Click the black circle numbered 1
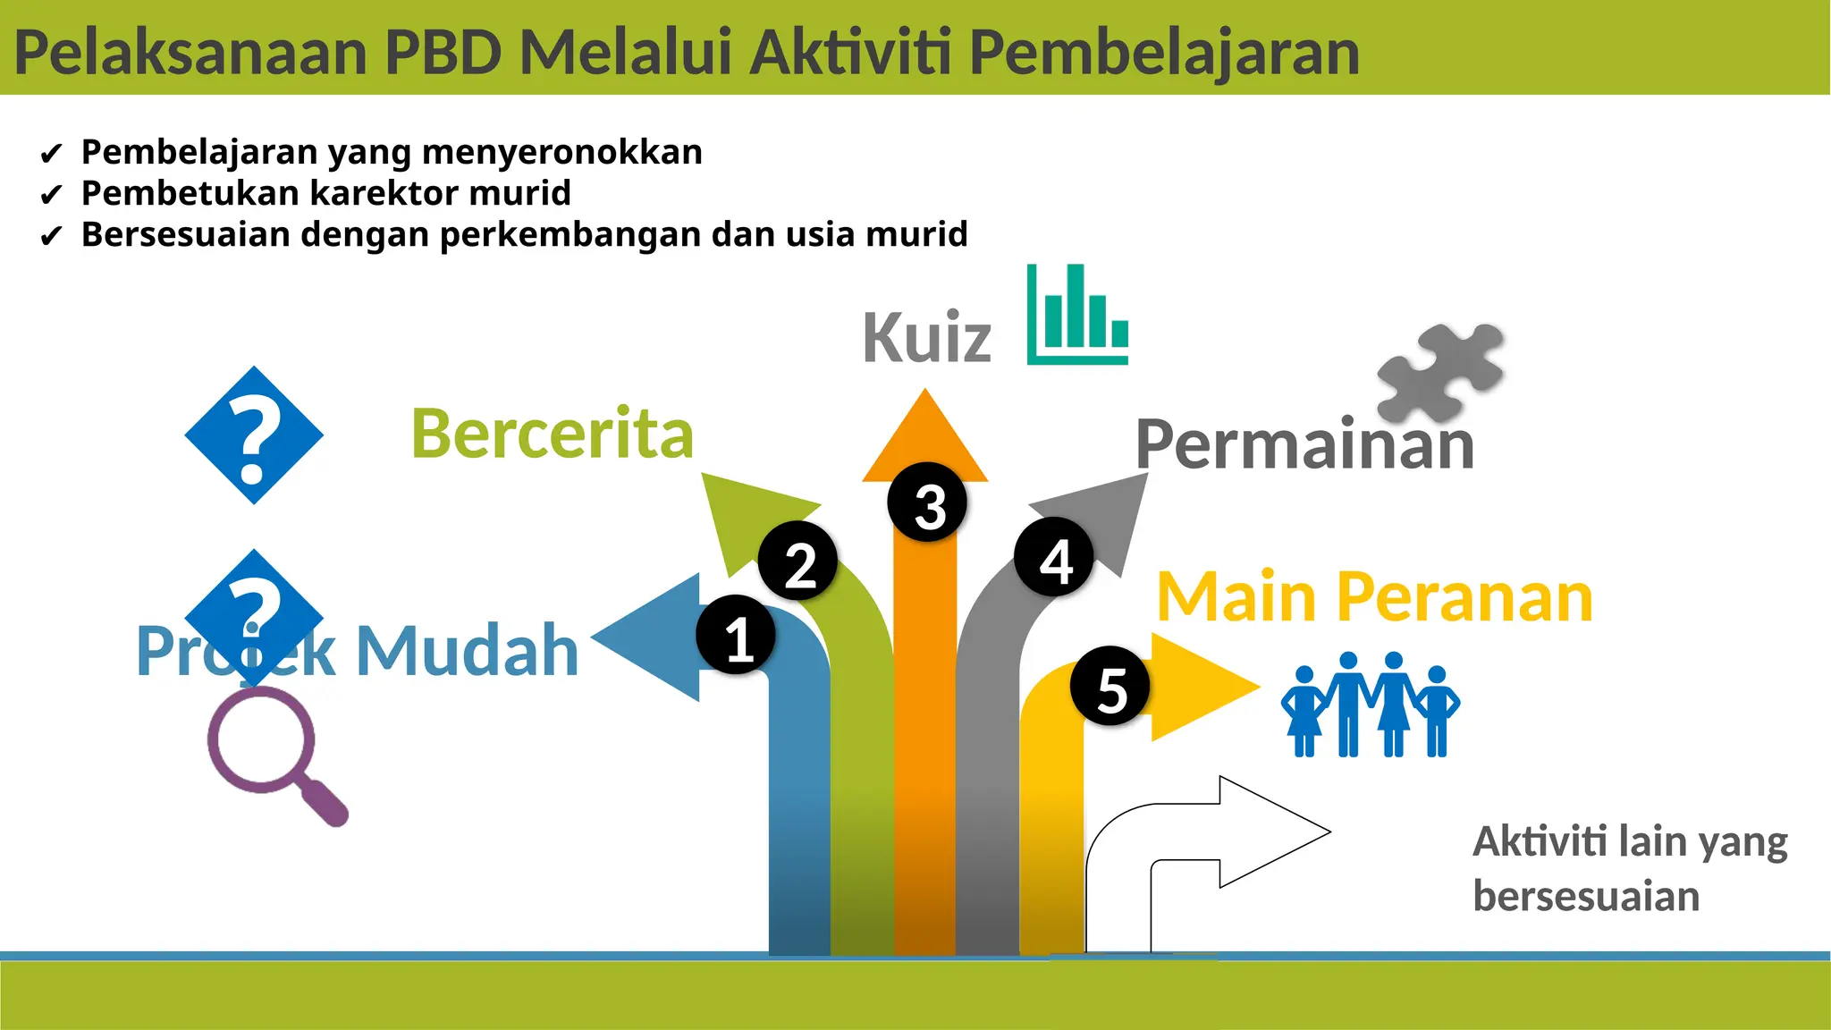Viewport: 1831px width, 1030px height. (x=736, y=635)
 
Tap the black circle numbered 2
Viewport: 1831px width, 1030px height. (x=798, y=561)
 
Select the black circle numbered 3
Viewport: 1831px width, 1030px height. (x=928, y=502)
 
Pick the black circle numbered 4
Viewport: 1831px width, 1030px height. (x=1054, y=557)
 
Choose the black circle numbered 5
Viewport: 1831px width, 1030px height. (x=1110, y=686)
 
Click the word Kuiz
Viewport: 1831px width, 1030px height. (x=926, y=338)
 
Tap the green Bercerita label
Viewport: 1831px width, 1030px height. (x=552, y=434)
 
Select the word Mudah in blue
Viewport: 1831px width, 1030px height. (x=467, y=650)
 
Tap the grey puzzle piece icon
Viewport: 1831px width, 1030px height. (x=1440, y=372)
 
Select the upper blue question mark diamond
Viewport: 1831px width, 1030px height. (x=254, y=435)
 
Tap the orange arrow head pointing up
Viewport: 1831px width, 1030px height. (x=925, y=437)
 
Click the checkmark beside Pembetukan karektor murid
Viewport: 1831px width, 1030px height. (x=51, y=195)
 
